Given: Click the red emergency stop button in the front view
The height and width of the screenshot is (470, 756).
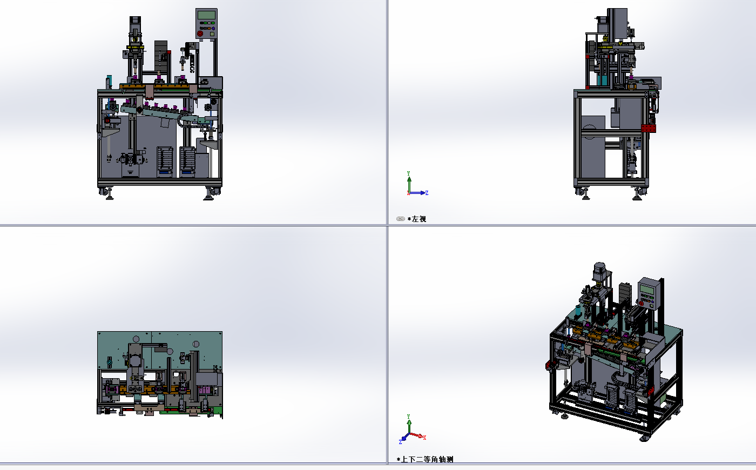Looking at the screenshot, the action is click(200, 33).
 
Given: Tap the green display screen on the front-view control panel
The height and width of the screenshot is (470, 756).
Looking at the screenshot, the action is click(206, 15).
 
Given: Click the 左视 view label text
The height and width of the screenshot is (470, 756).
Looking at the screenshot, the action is click(419, 219).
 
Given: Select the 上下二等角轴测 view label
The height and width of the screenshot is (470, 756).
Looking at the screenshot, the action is click(427, 459).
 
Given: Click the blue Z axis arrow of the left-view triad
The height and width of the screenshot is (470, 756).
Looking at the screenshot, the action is click(418, 193).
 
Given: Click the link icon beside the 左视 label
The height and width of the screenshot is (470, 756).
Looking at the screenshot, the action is click(401, 219).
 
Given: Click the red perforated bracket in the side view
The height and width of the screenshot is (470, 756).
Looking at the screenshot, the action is click(649, 129).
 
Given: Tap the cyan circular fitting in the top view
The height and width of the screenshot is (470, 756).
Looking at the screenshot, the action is click(109, 362).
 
